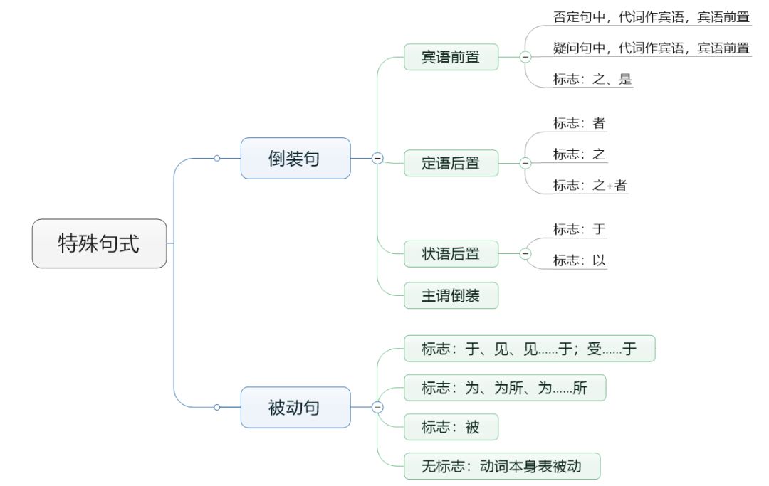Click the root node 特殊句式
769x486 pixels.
tap(99, 243)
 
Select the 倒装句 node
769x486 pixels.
tap(295, 158)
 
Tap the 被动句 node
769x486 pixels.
tap(295, 407)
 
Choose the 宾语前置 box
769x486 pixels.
tap(451, 57)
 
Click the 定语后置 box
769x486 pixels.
tap(451, 163)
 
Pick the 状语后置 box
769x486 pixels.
tap(451, 253)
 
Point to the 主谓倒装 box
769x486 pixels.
tap(451, 295)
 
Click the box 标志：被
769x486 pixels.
tap(451, 427)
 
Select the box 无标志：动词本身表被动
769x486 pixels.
tap(502, 466)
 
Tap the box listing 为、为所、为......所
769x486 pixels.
tap(504, 389)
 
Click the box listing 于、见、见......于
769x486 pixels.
tap(529, 349)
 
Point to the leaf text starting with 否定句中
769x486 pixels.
tap(651, 16)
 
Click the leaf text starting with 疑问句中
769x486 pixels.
tap(651, 48)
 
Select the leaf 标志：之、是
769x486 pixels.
tap(592, 79)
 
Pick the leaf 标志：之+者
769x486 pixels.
tap(590, 185)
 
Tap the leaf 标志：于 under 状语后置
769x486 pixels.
tap(580, 229)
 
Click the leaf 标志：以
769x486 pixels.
tap(580, 260)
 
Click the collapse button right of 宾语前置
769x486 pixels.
tap(525, 57)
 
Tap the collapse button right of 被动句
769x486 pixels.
tap(377, 407)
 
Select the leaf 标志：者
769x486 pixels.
tap(580, 123)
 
